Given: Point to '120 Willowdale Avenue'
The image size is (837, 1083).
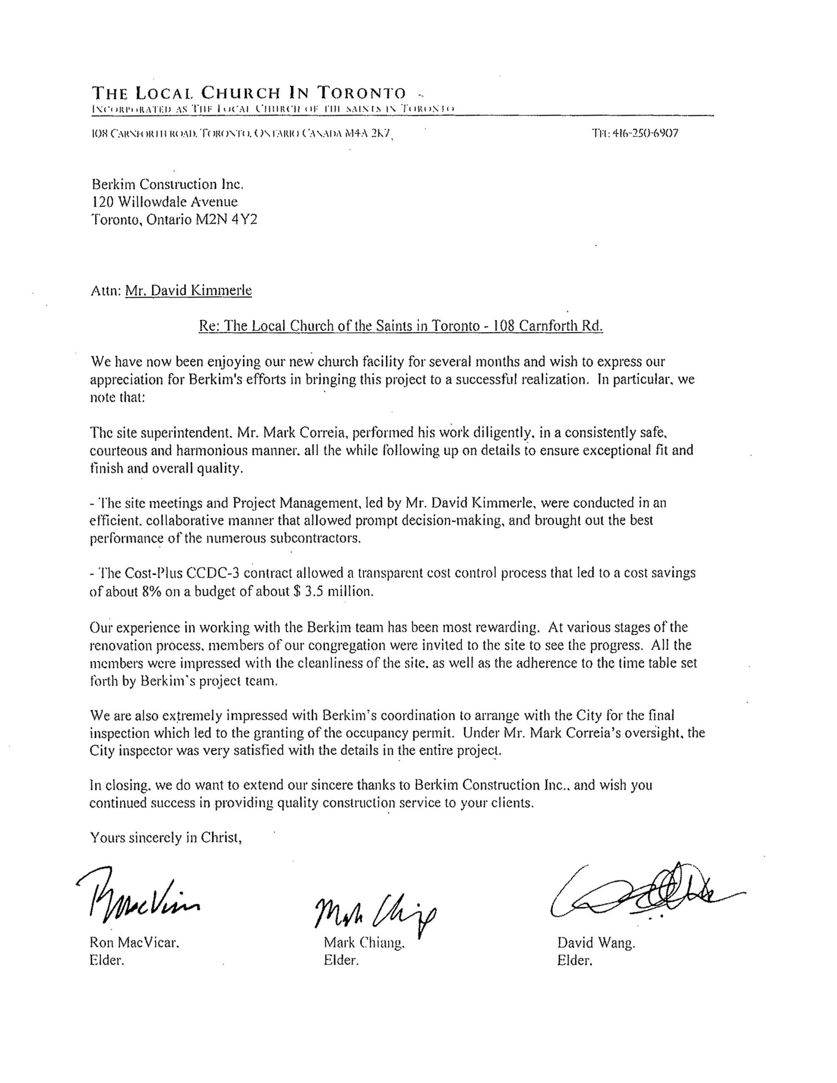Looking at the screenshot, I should pos(165,202).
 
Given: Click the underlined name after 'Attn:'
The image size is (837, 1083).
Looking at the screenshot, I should pos(189,290).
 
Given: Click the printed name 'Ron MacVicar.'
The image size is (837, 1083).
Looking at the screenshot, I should pos(134,942).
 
